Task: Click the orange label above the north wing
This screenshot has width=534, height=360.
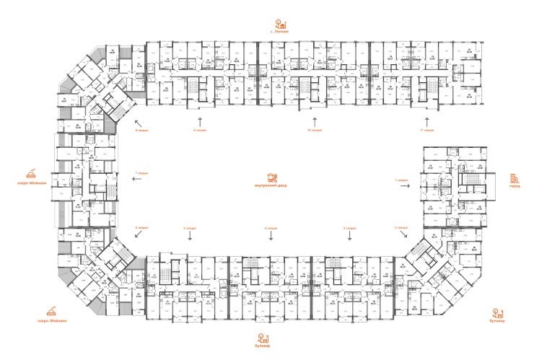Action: click(x=281, y=27)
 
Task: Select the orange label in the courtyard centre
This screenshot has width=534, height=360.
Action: click(x=271, y=180)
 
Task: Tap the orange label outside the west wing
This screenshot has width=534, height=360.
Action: click(x=30, y=177)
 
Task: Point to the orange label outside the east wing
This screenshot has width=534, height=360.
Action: click(x=515, y=180)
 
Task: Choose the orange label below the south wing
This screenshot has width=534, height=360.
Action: click(x=263, y=339)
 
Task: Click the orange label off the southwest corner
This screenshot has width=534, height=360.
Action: click(x=51, y=315)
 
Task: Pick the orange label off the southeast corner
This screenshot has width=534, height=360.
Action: click(x=497, y=315)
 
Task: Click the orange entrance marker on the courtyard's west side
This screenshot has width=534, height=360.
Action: click(x=141, y=173)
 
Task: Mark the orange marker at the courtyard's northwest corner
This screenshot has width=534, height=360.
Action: click(x=141, y=130)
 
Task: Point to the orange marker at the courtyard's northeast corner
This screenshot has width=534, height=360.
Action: click(x=427, y=130)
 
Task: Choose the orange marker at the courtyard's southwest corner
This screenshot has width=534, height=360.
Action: click(x=141, y=228)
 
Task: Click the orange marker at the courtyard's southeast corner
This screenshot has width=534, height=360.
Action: click(x=401, y=228)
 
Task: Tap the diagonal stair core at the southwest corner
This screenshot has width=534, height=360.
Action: click(x=114, y=255)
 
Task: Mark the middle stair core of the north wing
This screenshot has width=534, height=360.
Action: click(x=312, y=87)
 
